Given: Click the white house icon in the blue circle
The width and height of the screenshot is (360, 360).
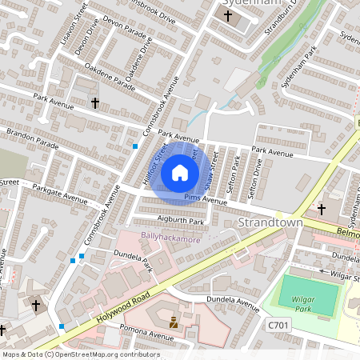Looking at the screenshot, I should tap(180, 173).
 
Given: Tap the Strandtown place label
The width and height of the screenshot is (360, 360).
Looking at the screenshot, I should tap(271, 223).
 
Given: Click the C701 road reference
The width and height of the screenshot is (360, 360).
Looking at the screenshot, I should tap(278, 326).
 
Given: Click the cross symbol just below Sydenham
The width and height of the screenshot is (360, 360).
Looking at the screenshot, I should tap(227, 16).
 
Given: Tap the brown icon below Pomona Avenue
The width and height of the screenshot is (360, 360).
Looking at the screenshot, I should tap(174, 324).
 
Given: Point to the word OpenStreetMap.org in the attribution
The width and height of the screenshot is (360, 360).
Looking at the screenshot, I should tap(98, 354).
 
